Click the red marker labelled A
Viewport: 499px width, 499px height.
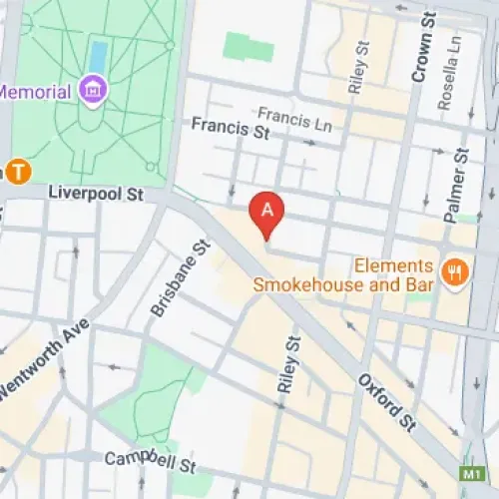tap(266, 211)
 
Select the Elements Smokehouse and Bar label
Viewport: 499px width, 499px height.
tap(343, 275)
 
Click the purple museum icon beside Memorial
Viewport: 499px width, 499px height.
tap(97, 91)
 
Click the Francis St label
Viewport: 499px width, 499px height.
tap(231, 128)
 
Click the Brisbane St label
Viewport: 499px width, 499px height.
tap(181, 278)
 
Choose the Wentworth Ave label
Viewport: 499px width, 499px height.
tap(44, 360)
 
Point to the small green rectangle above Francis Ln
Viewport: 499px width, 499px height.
tap(248, 46)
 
